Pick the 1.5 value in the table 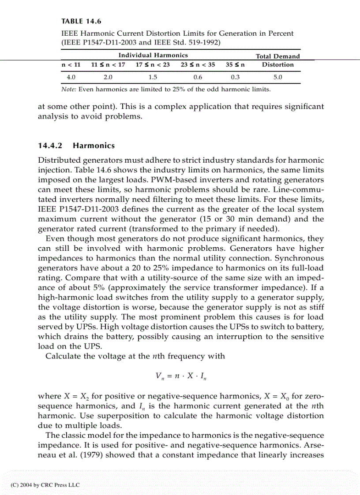(153, 77)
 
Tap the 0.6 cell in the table (198, 77)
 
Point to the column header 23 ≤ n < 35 (198, 65)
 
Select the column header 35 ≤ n (235, 65)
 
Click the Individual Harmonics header (153, 55)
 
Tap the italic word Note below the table (68, 89)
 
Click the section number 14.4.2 (51, 145)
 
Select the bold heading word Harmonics (94, 145)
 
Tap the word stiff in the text (316, 307)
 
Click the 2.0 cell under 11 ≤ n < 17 (108, 77)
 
